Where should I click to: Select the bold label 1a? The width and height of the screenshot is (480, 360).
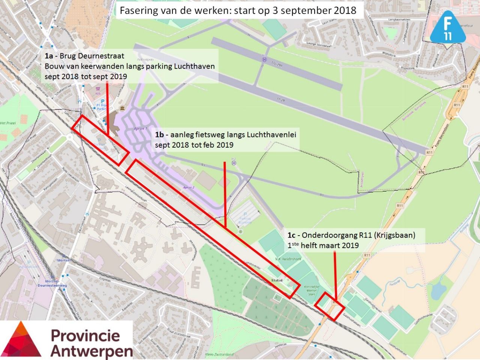49,56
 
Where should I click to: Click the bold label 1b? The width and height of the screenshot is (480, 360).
160,134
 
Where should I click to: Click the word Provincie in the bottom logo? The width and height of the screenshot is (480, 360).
85,336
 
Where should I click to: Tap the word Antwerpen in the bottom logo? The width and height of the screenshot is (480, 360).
91,351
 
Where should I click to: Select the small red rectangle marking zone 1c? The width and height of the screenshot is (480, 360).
329,306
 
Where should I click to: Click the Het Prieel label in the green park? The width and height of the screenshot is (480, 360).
8,123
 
